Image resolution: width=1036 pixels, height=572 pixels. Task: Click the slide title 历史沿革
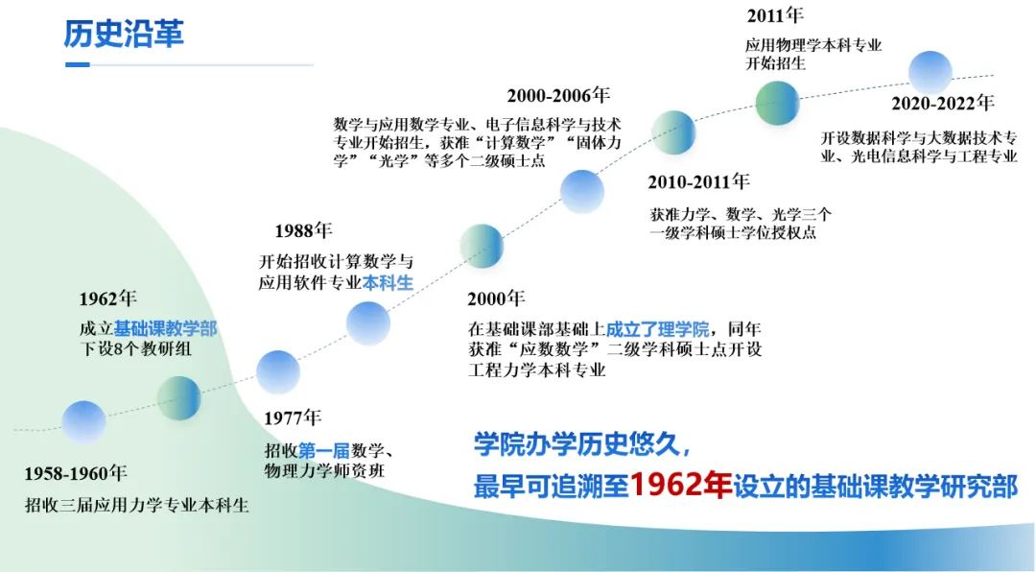pyautogui.click(x=124, y=34)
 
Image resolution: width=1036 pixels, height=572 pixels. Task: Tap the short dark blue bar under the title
pyautogui.click(x=78, y=65)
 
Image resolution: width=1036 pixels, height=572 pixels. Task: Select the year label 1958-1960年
pyautogui.click(x=76, y=473)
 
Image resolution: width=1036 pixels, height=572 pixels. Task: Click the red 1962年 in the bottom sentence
pyautogui.click(x=680, y=486)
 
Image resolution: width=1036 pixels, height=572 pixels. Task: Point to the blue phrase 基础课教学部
pyautogui.click(x=165, y=328)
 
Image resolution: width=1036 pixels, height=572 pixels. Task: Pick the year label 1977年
pyautogui.click(x=292, y=417)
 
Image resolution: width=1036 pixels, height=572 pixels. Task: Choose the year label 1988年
pyautogui.click(x=303, y=230)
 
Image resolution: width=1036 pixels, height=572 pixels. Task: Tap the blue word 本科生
pyautogui.click(x=388, y=283)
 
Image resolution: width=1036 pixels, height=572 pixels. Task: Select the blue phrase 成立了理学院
pyautogui.click(x=657, y=328)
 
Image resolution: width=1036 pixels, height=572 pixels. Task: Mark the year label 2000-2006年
pyautogui.click(x=558, y=96)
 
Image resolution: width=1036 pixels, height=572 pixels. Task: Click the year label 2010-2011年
pyautogui.click(x=698, y=181)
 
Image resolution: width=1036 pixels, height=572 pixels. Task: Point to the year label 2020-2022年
pyautogui.click(x=943, y=103)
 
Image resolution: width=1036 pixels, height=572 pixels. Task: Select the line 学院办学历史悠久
pyautogui.click(x=583, y=445)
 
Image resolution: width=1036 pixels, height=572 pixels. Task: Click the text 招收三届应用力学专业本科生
pyautogui.click(x=137, y=506)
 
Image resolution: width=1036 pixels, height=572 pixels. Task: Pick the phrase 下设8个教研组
pyautogui.click(x=135, y=348)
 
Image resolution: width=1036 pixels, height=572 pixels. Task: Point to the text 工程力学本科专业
pyautogui.click(x=536, y=369)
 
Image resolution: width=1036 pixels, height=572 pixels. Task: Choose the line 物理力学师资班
pyautogui.click(x=324, y=471)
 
